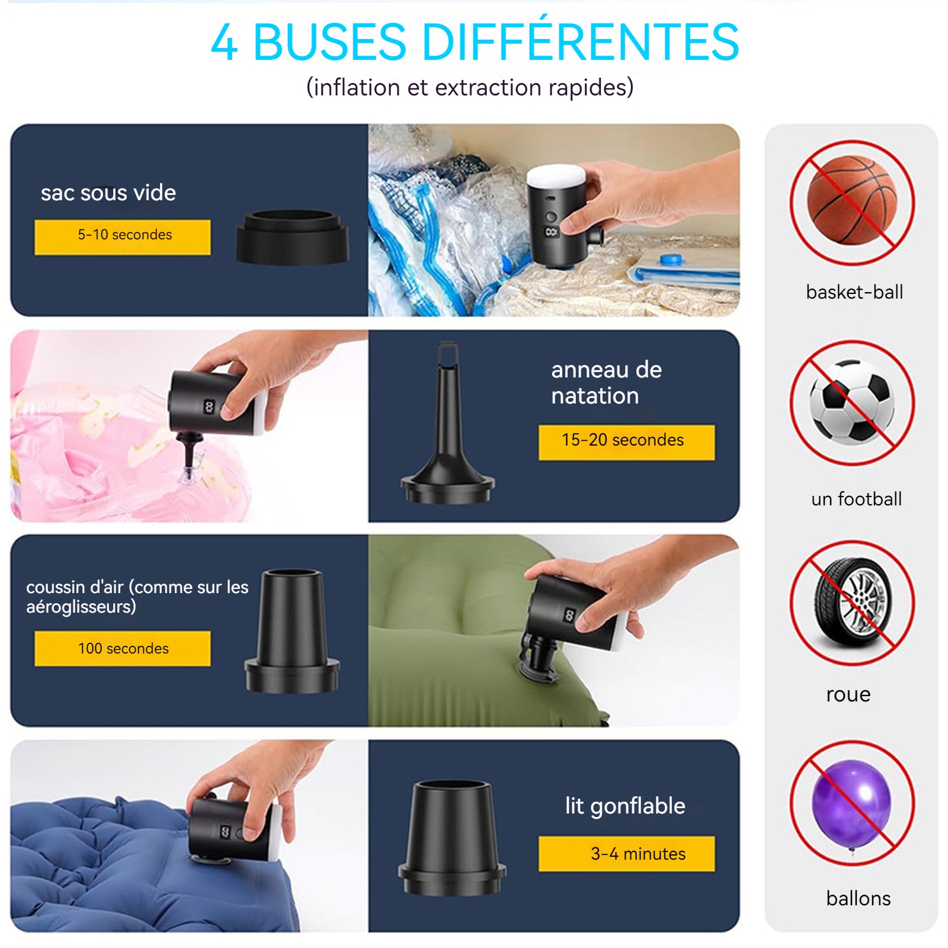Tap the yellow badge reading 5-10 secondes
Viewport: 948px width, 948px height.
click(x=123, y=237)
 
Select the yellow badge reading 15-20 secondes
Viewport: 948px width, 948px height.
click(x=626, y=442)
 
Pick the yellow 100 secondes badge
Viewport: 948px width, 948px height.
click(x=123, y=648)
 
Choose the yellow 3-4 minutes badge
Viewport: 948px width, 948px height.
click(x=626, y=854)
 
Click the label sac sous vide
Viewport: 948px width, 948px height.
click(x=108, y=193)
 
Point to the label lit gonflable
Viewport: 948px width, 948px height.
click(x=625, y=806)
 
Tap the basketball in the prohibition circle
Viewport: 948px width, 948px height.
click(x=852, y=200)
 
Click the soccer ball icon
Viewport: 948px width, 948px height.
click(x=853, y=402)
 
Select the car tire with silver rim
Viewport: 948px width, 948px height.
click(x=852, y=601)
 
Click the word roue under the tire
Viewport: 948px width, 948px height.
click(x=848, y=694)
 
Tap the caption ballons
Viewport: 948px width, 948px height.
click(x=859, y=898)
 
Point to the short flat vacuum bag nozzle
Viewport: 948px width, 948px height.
click(x=293, y=237)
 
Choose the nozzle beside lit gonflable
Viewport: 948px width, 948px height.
click(x=452, y=838)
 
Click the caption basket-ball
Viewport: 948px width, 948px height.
click(x=854, y=292)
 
